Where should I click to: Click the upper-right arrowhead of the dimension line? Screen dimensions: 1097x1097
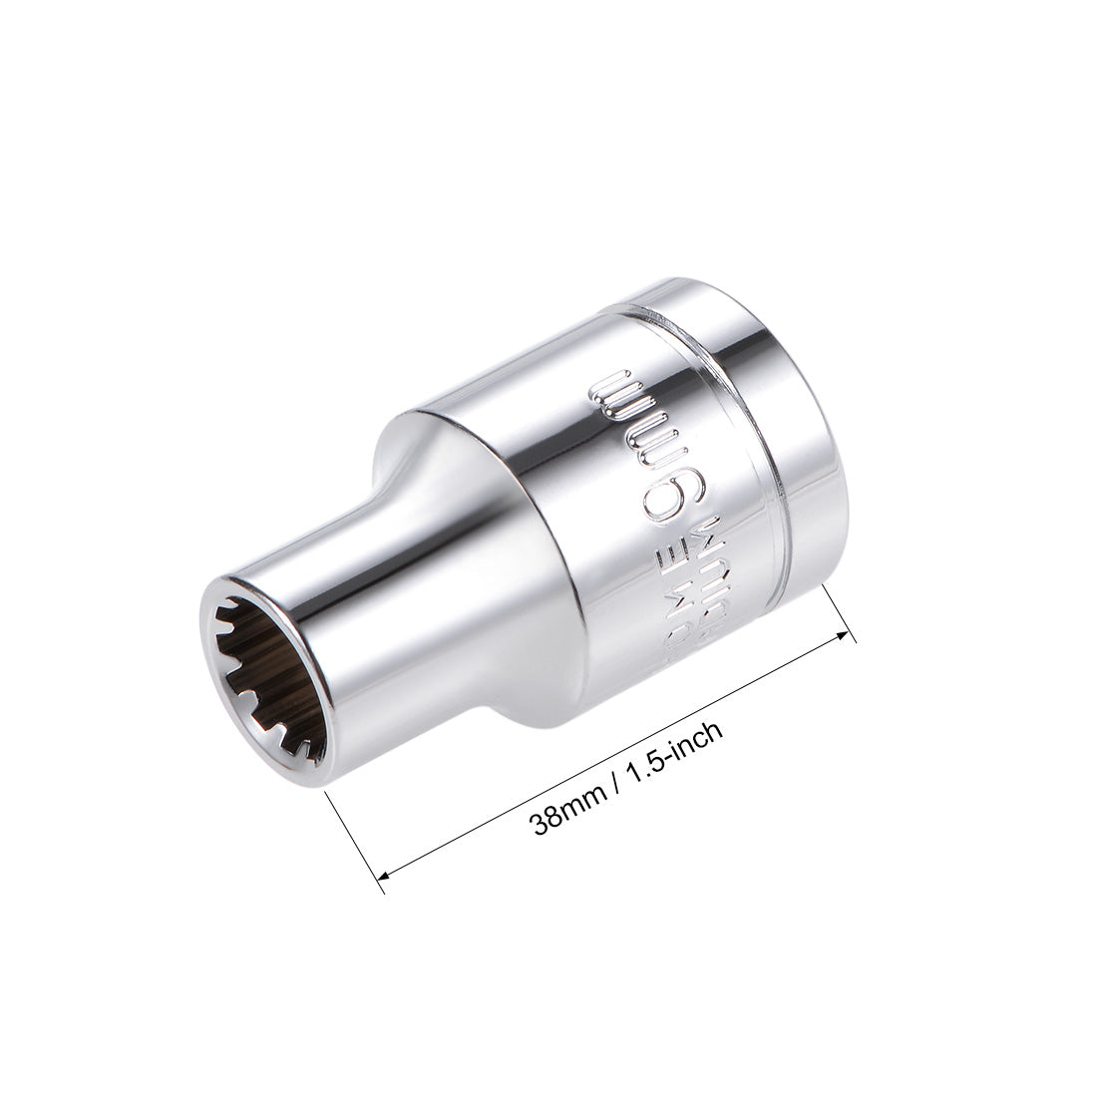847,632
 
